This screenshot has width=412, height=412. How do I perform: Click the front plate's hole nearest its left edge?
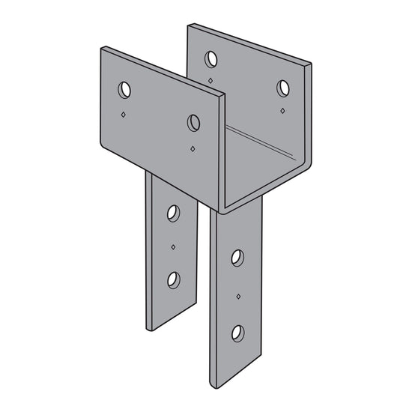coord(124,90)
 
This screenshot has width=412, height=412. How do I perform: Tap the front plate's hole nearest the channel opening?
coord(194,122)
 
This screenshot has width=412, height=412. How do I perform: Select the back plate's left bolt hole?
coord(211,57)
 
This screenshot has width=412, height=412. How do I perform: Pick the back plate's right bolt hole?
coord(283,88)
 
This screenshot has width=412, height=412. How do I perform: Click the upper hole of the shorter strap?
coord(174,213)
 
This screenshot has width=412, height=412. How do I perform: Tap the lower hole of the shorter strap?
coord(174,279)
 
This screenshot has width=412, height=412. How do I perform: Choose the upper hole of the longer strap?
coord(237,258)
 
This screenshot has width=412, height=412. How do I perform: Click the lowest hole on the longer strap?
coord(237,333)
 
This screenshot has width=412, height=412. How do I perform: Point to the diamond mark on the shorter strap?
coord(174,246)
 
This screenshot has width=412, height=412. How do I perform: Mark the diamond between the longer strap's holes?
coord(238,296)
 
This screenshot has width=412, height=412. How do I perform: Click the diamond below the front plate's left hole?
coord(124,115)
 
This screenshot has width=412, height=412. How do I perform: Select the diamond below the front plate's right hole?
coord(193,148)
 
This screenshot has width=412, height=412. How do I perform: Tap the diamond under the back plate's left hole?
coord(211,79)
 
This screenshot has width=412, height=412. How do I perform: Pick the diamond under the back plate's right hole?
coord(282,111)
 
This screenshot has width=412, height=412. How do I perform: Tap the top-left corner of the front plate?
coord(102,48)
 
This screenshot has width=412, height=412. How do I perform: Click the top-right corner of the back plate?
coord(309,64)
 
